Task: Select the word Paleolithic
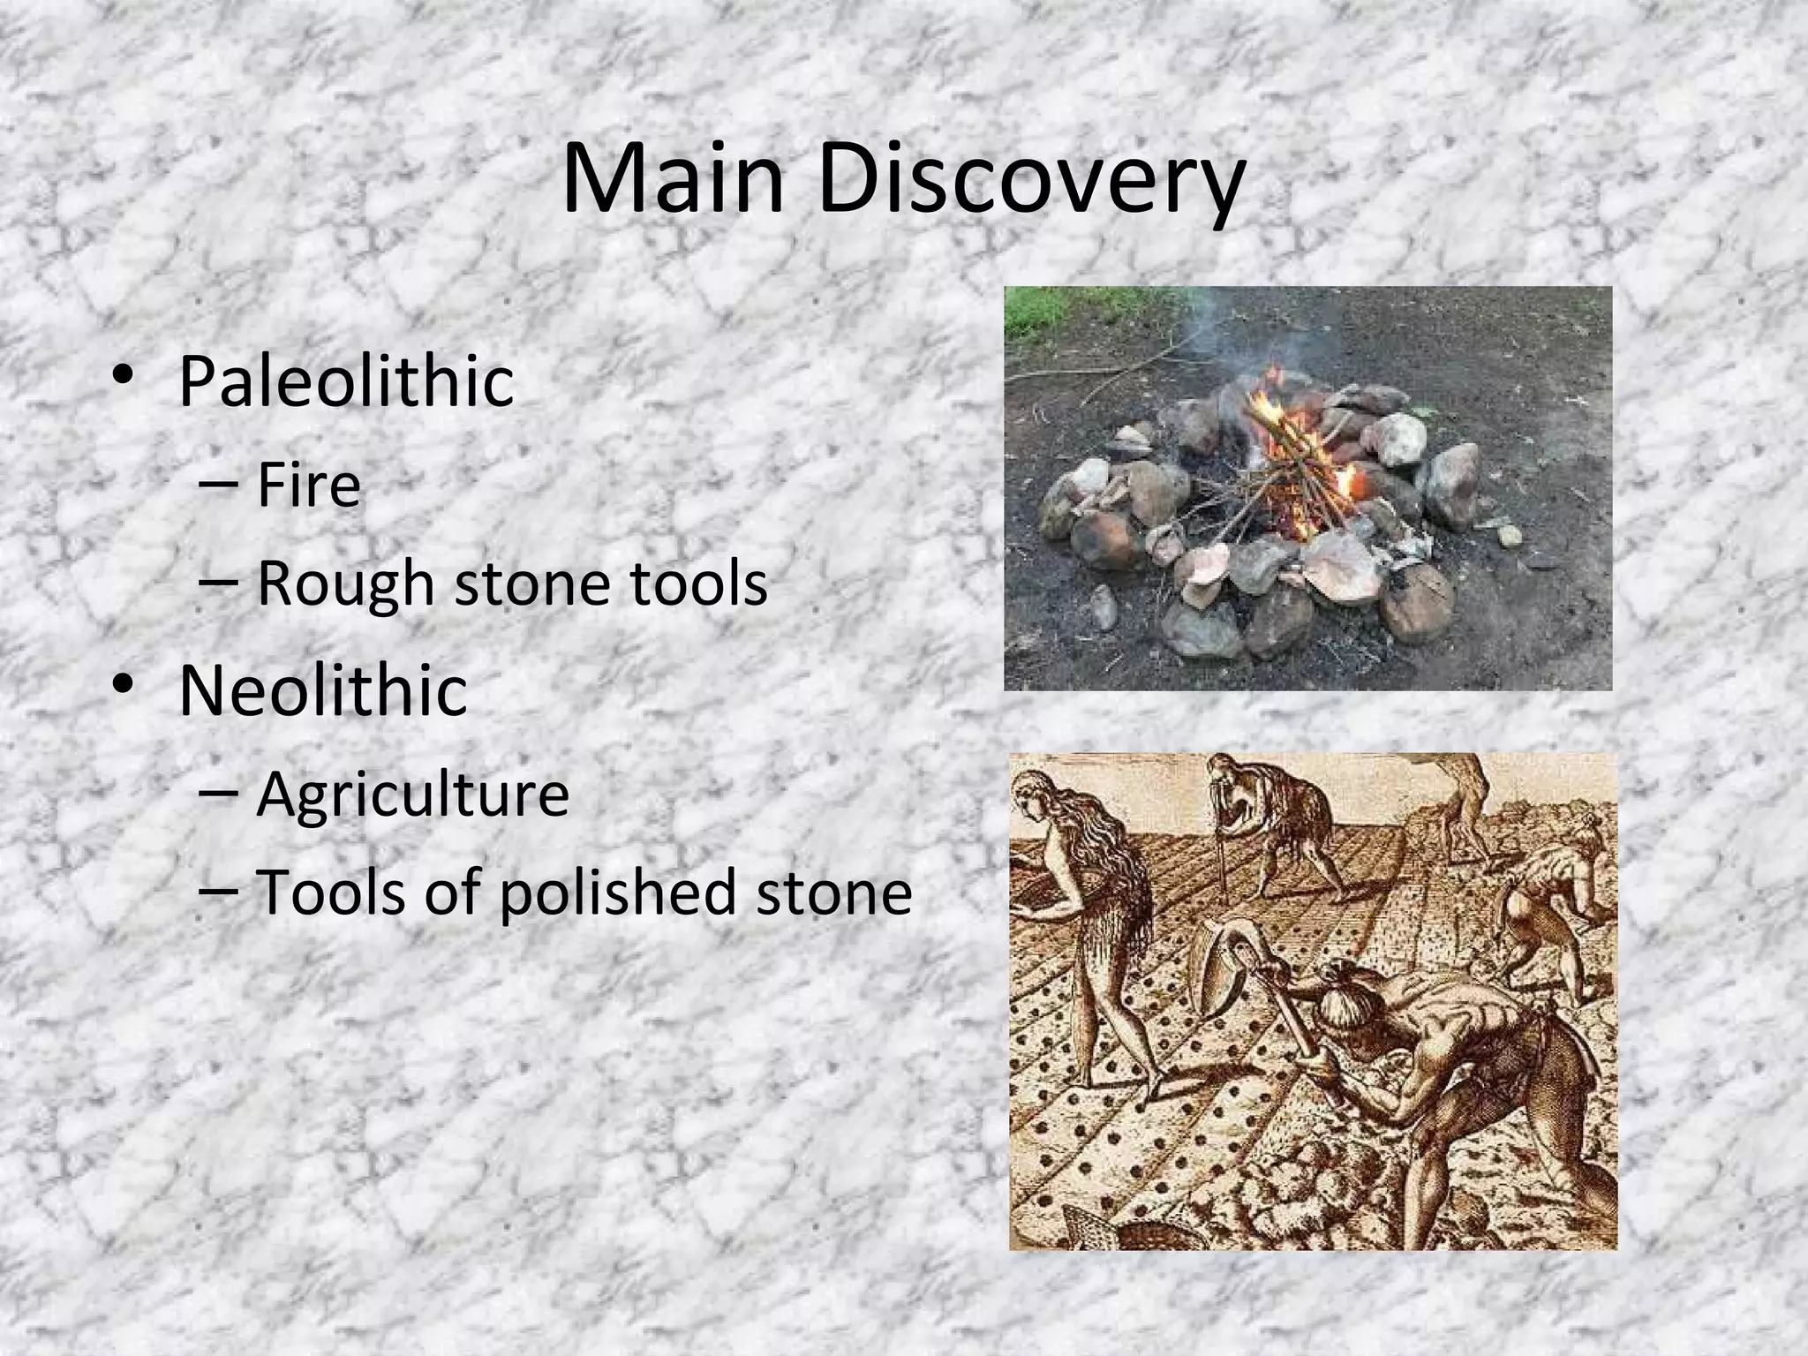pos(346,381)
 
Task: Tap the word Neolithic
pos(323,690)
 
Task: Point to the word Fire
pos(309,485)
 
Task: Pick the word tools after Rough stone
pos(698,584)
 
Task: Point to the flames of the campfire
pos(1298,441)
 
